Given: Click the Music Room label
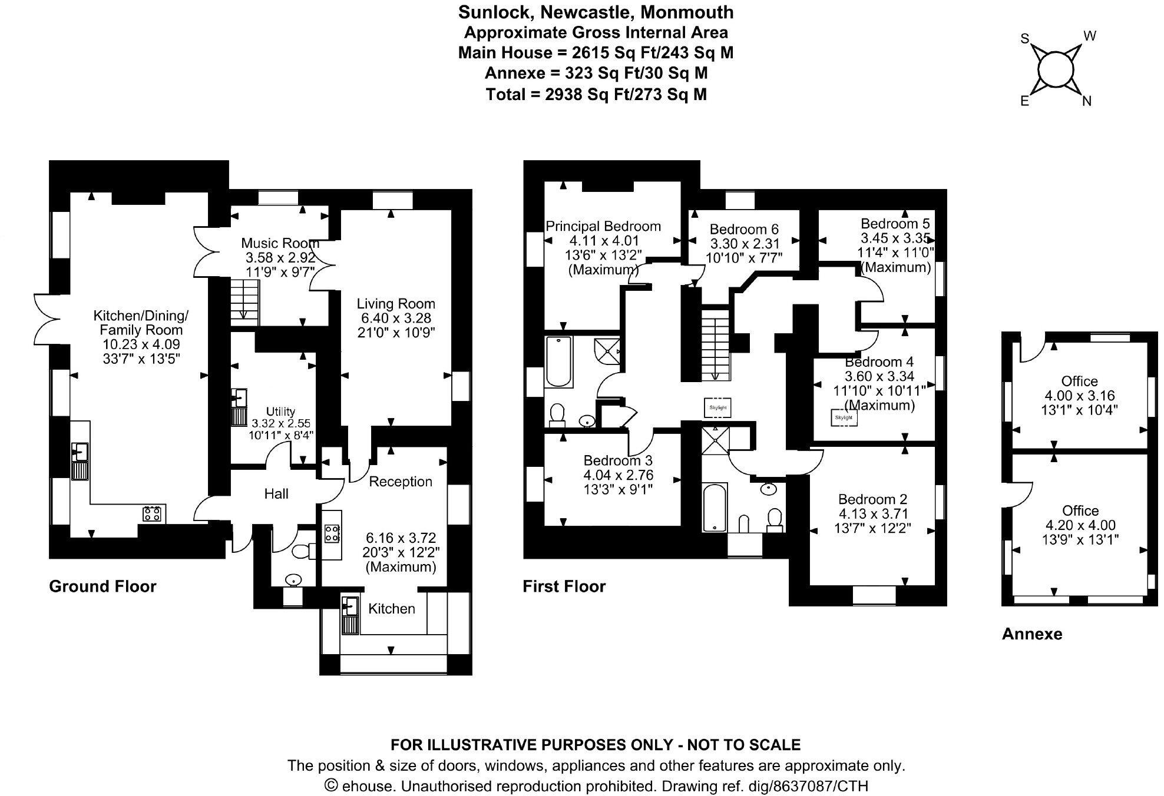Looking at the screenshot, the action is coord(280,243).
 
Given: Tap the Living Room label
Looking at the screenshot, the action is coord(395,304).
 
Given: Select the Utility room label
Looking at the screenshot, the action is coord(280,412).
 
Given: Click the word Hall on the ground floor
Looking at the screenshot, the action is coord(276,494).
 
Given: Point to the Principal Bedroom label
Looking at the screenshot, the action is coord(603,226).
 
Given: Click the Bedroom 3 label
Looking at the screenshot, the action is coord(617,460).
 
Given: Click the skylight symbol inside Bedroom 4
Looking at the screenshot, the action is coord(844,417).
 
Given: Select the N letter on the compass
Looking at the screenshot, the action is coord(1087,101).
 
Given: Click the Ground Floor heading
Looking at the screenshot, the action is coord(102,586).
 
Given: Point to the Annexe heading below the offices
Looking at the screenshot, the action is coord(1031,634).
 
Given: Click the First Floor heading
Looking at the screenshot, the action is coord(564,586).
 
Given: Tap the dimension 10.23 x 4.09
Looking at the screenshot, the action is coord(141,344).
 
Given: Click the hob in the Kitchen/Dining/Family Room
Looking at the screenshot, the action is coord(152,513).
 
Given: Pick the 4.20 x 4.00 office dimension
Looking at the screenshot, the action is coord(1080,525).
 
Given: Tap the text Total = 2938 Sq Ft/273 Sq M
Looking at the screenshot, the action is coord(596,94).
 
